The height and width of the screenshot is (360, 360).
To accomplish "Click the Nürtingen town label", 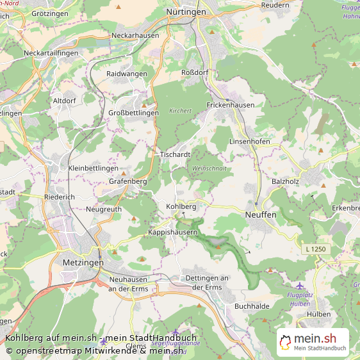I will click(x=186, y=12).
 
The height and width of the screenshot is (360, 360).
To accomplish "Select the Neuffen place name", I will click(x=261, y=215).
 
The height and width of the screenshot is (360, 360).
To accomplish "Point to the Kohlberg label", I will click(x=181, y=207).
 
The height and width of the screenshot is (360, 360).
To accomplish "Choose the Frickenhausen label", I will click(x=231, y=105).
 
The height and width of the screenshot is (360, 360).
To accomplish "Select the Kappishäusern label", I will click(x=172, y=231).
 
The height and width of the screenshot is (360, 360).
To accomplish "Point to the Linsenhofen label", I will click(x=249, y=141).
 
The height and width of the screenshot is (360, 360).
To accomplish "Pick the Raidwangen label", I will click(x=127, y=74).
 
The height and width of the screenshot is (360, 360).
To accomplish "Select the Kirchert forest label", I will click(x=180, y=110).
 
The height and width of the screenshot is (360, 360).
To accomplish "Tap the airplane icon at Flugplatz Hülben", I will click(x=299, y=285).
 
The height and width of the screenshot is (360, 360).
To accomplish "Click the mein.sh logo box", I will click(x=313, y=342).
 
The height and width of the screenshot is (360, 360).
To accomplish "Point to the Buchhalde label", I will click(x=252, y=306).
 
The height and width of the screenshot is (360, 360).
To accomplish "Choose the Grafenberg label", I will click(x=128, y=181).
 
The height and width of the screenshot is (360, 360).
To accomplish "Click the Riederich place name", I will click(x=60, y=197).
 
